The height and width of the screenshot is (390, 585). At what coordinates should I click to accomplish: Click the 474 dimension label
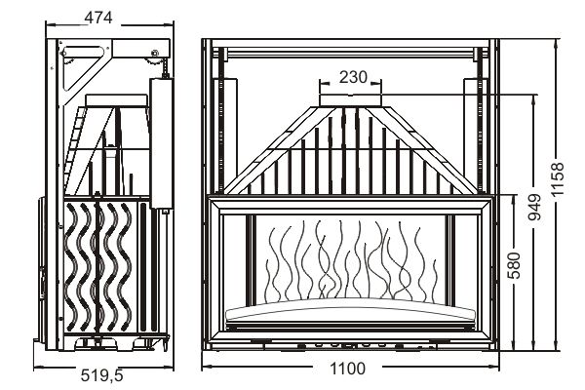tap(98, 18)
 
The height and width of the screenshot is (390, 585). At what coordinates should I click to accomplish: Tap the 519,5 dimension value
tap(101, 375)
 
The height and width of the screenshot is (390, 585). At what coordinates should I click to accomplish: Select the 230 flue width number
tap(353, 77)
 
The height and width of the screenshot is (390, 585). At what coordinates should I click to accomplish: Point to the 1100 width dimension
tap(348, 370)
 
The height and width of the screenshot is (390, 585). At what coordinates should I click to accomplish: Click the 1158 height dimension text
tap(558, 179)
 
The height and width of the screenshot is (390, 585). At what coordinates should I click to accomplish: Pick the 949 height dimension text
tap(535, 207)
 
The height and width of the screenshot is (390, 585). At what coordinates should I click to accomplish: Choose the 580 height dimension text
tap(515, 265)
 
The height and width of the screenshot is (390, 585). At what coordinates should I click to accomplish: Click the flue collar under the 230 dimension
tap(351, 100)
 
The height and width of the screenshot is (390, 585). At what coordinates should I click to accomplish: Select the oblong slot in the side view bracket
tap(83, 52)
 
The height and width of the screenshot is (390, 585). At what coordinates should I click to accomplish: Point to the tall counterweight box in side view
tap(161, 143)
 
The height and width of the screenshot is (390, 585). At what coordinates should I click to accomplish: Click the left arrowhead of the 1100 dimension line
tap(205, 369)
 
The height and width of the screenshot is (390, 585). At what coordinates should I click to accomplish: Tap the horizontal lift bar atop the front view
tap(351, 54)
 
